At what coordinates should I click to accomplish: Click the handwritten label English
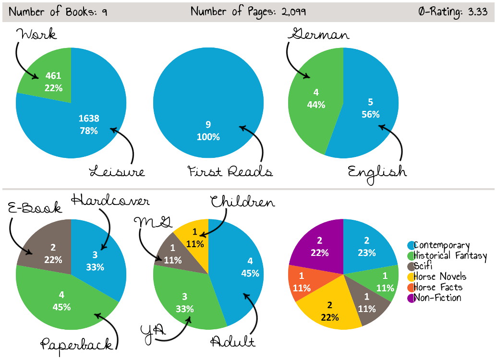coord(377,171)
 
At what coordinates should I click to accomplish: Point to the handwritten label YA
coord(153,331)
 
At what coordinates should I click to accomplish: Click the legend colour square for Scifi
coord(410,266)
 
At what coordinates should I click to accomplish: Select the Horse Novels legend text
coord(440,276)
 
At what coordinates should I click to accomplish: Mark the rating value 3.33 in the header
coord(478,12)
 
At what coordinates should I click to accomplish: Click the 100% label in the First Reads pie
coord(208,137)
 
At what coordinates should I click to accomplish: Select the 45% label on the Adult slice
coord(250,273)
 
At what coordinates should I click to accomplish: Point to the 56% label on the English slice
coord(370,114)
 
